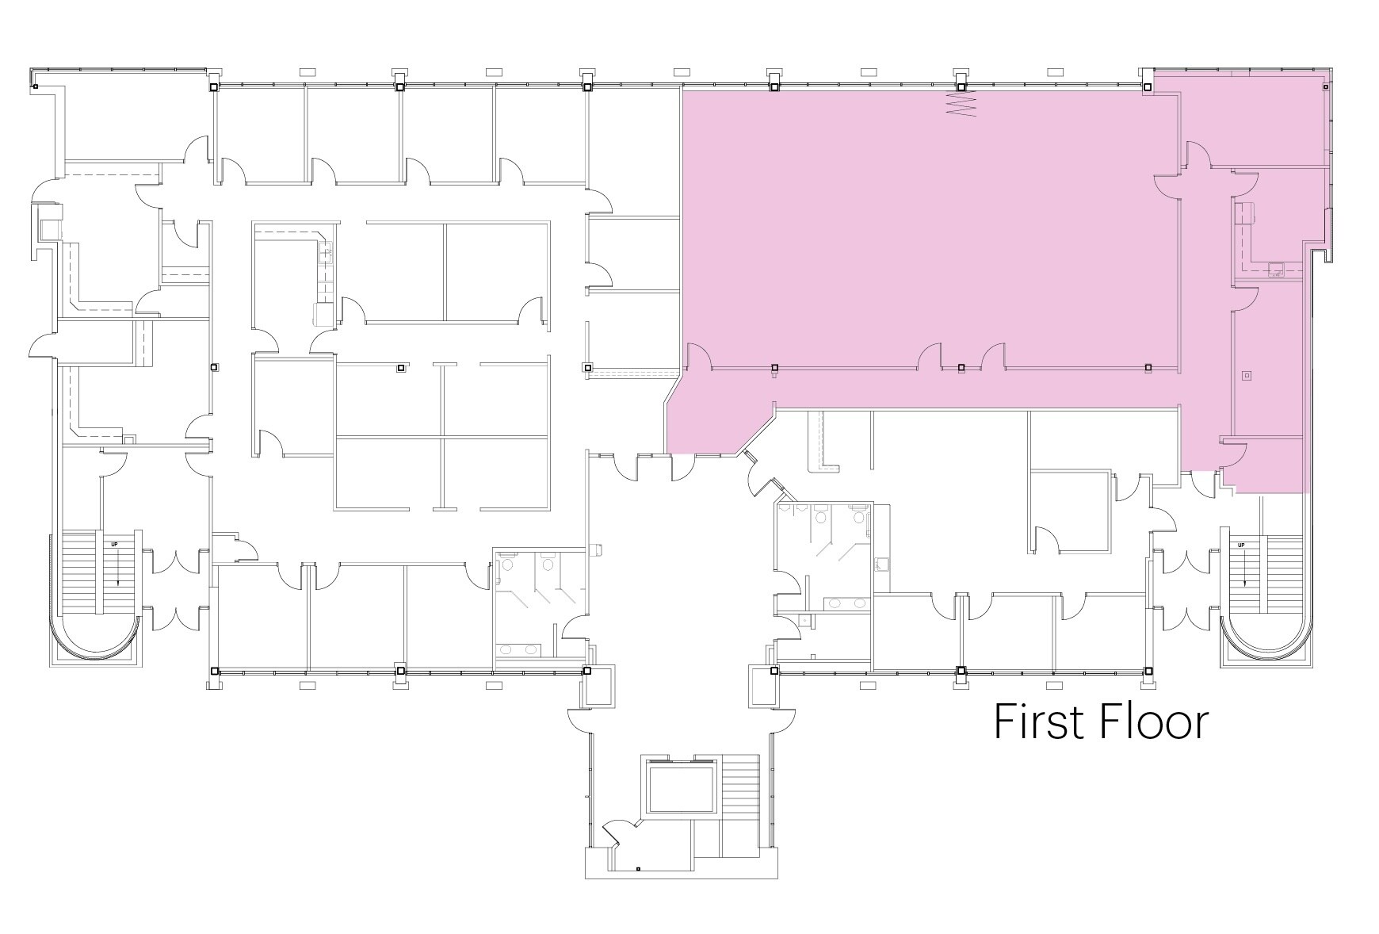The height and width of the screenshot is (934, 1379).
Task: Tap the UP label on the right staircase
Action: pyautogui.click(x=1241, y=545)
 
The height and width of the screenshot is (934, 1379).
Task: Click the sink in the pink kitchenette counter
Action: pyautogui.click(x=1275, y=268)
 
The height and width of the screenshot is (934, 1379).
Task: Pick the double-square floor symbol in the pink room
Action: pyautogui.click(x=1247, y=375)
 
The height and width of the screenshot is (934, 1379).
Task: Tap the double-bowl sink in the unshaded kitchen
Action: pyautogui.click(x=325, y=254)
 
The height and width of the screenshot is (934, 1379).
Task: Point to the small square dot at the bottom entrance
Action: pyautogui.click(x=638, y=869)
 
